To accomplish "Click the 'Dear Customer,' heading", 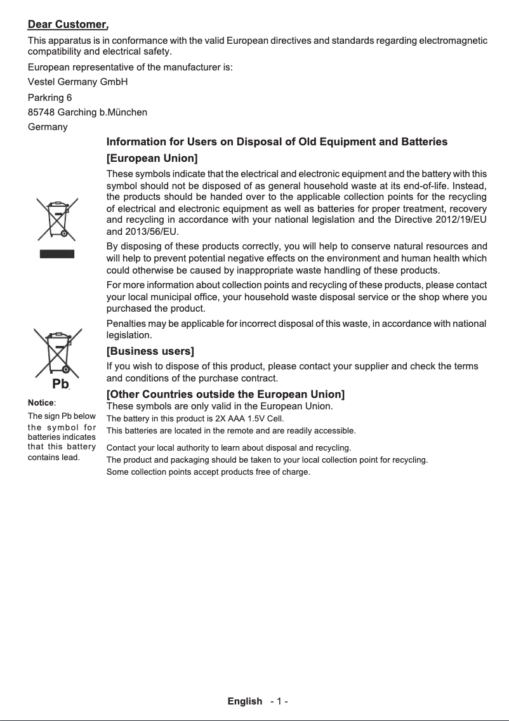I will (x=68, y=25).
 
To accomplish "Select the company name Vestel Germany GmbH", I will (x=78, y=82).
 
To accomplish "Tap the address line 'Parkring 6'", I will (x=50, y=98).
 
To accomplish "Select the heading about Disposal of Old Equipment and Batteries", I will (x=277, y=142).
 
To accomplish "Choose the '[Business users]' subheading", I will (x=150, y=351).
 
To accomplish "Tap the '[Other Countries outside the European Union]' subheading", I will (x=225, y=395).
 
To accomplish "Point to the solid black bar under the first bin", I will (x=57, y=254).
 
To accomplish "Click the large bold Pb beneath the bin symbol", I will (x=60, y=385).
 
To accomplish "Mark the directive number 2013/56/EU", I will (x=143, y=231).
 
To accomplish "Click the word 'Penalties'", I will (x=126, y=324).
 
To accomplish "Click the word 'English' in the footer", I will (x=245, y=701).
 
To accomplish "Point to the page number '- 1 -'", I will (x=279, y=701).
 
